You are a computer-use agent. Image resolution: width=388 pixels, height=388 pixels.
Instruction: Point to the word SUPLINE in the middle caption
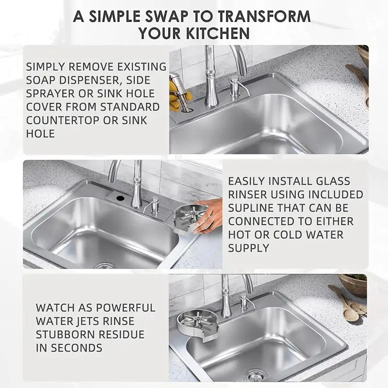tap(251, 208)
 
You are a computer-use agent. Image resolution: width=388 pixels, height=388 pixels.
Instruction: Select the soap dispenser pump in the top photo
tap(234, 87)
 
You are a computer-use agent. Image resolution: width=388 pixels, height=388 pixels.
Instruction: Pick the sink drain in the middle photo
tap(104, 266)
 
